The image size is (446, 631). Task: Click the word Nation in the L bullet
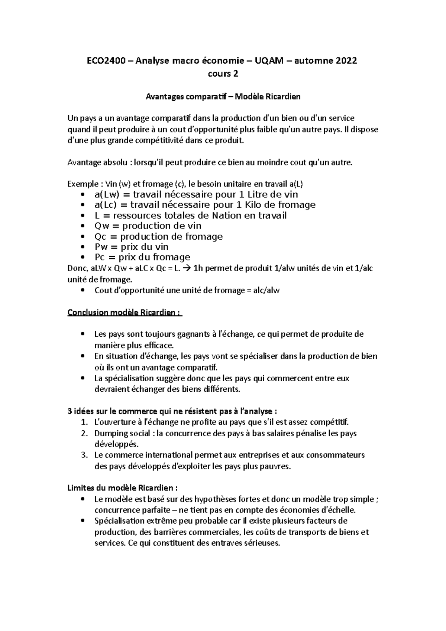point(227,216)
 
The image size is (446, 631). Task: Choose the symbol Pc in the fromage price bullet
point(100,257)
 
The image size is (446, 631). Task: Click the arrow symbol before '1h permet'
point(188,268)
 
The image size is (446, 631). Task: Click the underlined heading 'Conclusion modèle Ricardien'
point(125,313)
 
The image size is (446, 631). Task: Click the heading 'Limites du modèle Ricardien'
point(120,488)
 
